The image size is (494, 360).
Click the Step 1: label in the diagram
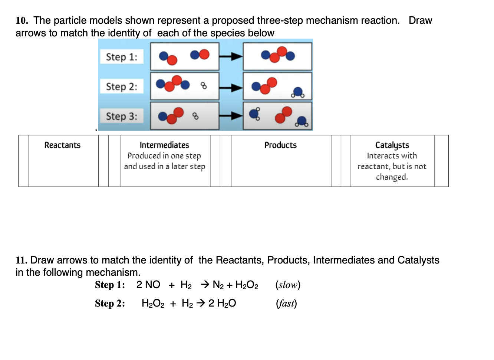122,57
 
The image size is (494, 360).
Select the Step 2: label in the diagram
122,86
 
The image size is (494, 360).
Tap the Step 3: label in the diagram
122,116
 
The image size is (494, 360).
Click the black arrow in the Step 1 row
231,56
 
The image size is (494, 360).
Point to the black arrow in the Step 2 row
231,88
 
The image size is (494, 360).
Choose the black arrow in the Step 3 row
231,116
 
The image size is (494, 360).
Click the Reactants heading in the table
62,145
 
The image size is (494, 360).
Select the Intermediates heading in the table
164,145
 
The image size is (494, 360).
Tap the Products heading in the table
280,145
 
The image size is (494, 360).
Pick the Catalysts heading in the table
392,145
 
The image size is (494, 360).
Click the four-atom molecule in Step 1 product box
278,55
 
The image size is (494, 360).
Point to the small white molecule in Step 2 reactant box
204,86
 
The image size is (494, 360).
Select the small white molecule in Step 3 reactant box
195,116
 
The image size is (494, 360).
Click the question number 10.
22,20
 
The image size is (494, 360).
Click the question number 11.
22,260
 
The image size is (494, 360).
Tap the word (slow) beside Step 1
288,285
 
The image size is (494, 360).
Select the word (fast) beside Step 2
286,303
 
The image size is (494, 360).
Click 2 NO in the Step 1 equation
148,285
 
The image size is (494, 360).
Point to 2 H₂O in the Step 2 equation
222,304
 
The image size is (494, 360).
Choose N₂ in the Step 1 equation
218,285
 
